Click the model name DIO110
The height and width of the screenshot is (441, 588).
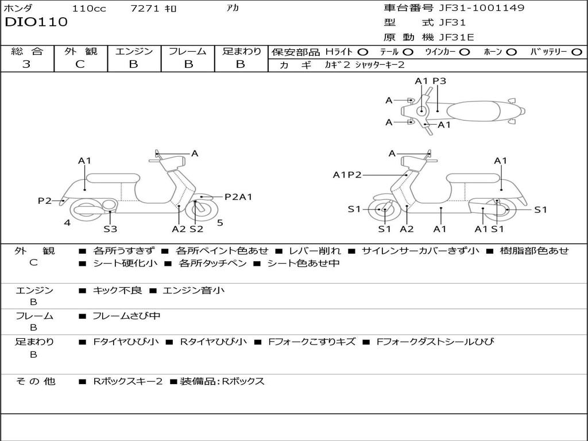(x=36, y=22)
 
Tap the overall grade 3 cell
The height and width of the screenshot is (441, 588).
(x=26, y=64)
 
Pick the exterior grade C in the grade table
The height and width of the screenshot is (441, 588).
(x=80, y=64)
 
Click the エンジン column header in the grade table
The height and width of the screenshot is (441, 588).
(x=134, y=51)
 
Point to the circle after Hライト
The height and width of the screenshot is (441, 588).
(x=363, y=52)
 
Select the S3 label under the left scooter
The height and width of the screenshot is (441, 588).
(x=110, y=229)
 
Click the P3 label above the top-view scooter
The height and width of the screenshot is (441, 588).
(x=439, y=81)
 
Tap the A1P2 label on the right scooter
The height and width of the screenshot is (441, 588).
(x=347, y=175)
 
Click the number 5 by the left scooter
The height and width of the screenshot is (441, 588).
(x=220, y=223)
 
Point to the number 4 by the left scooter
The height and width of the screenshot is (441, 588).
(x=67, y=223)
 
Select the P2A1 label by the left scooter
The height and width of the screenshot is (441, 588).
(x=238, y=197)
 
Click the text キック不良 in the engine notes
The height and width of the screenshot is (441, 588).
(x=117, y=291)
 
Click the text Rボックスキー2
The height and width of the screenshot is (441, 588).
(x=128, y=381)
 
